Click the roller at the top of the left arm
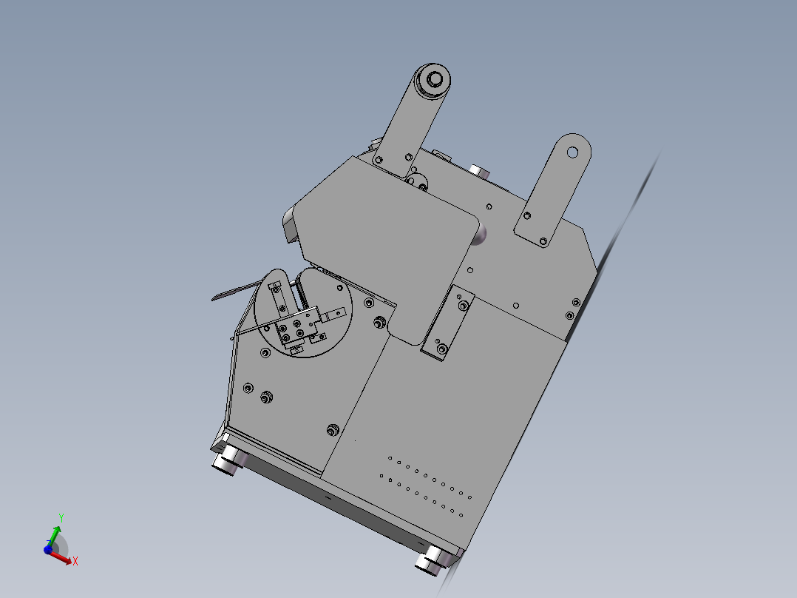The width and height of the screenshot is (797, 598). tap(433, 79)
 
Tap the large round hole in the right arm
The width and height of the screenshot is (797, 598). tap(572, 152)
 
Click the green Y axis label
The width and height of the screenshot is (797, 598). tap(62, 517)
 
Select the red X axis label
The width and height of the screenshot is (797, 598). tap(75, 562)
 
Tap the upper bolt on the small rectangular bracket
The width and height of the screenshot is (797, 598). tap(464, 305)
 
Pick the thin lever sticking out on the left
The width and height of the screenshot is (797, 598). tap(233, 292)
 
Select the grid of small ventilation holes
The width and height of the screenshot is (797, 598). tap(424, 485)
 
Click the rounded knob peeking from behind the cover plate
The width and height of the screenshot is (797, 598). tap(480, 235)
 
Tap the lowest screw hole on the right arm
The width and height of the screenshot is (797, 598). tap(543, 241)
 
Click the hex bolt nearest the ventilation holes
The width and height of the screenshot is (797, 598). tap(332, 429)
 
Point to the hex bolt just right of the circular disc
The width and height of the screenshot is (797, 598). tap(379, 322)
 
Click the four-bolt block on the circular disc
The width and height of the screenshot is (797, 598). tap(294, 329)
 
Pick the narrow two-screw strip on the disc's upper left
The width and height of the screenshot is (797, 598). tap(278, 297)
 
